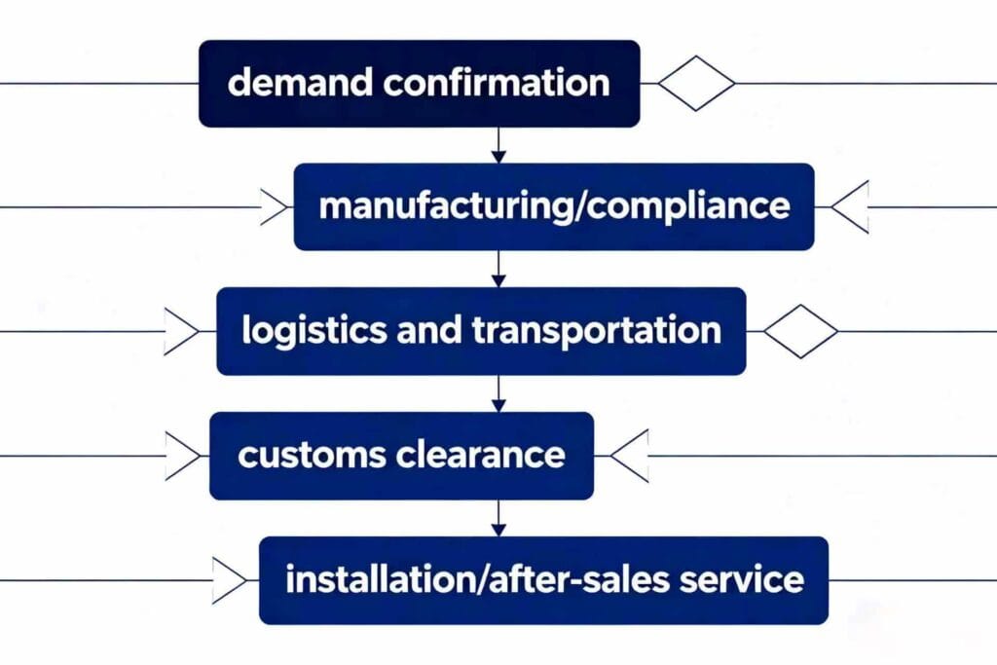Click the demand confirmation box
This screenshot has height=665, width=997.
[x=419, y=84]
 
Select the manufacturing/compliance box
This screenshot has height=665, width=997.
[x=554, y=207]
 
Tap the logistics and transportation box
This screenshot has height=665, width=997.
[x=481, y=331]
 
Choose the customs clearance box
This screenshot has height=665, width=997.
[x=401, y=456]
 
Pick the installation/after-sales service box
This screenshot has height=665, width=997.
[x=543, y=580]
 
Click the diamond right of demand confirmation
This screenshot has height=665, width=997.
[x=697, y=84]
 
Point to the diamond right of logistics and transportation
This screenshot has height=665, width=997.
[x=800, y=331]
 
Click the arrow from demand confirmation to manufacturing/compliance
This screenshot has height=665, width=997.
[x=498, y=145]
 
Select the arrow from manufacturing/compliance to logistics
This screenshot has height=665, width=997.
[x=498, y=269]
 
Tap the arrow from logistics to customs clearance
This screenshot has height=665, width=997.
[x=498, y=393]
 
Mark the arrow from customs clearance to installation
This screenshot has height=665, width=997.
[x=498, y=518]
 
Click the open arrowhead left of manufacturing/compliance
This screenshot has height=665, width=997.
[x=276, y=207]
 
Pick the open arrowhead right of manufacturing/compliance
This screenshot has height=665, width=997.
[x=850, y=207]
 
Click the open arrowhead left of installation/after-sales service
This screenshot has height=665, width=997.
[x=230, y=580]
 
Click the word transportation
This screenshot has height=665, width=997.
[x=597, y=331]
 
